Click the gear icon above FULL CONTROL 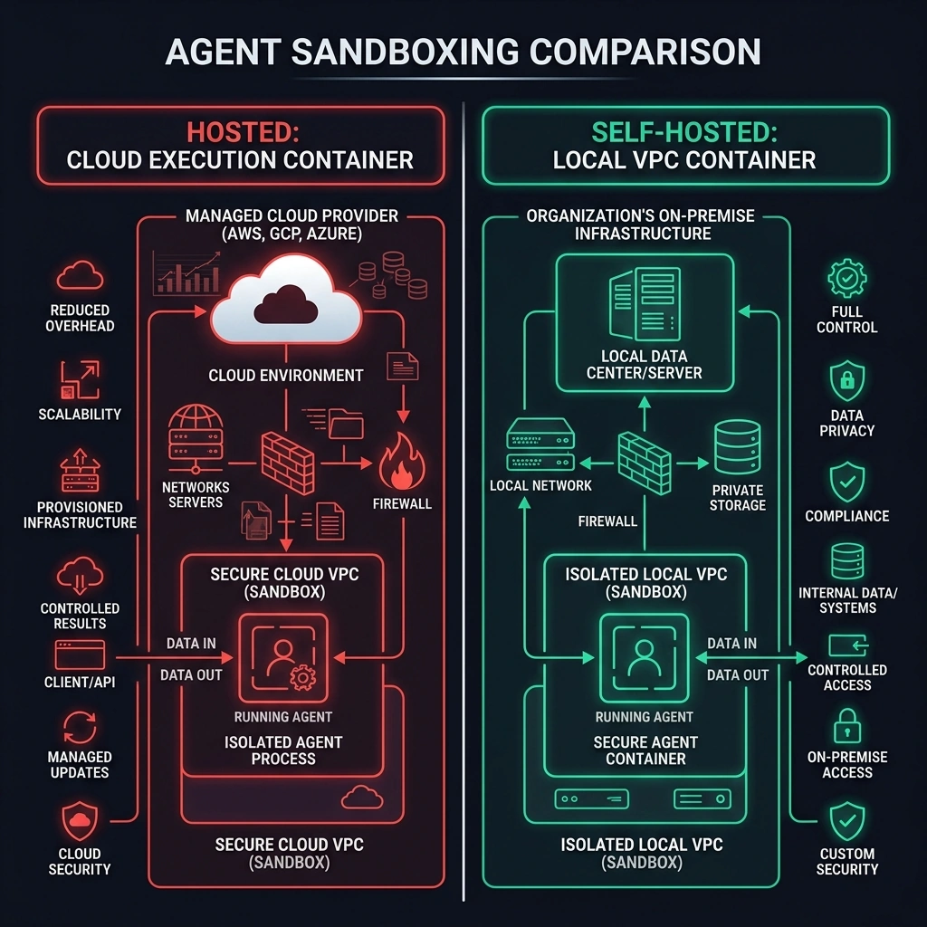847,278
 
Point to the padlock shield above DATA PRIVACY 847,381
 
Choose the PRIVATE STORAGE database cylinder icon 737,447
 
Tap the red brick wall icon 288,463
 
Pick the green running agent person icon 645,657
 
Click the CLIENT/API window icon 80,655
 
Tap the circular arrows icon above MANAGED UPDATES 80,727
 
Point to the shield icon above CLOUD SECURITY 80,821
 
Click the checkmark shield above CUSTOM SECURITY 847,821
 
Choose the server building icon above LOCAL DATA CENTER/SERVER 645,304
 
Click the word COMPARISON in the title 645,52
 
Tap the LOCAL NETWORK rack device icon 540,444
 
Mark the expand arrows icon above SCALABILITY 80,379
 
